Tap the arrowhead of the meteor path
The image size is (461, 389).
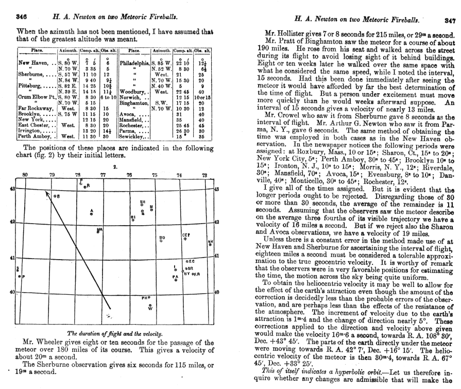pos(44,193)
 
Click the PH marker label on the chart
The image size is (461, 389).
pos(145,298)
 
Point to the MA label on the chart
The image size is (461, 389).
pos(99,230)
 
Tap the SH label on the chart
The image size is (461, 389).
pos(143,202)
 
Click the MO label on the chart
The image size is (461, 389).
pos(162,238)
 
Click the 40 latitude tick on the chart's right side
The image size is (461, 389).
pos(216,293)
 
